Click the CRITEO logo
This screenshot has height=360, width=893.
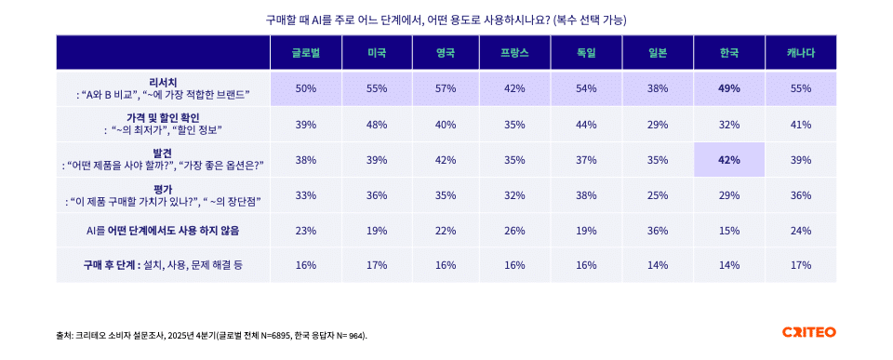[x=808, y=332]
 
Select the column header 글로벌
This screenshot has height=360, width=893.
[x=305, y=53]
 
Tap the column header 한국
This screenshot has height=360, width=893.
[x=729, y=53]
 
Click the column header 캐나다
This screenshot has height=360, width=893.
[x=800, y=53]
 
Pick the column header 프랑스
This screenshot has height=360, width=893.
[x=516, y=53]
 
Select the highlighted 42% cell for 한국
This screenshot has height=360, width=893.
[x=729, y=159]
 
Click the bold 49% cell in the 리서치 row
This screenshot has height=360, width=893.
[x=729, y=88]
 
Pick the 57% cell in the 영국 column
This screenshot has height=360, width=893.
[x=446, y=88]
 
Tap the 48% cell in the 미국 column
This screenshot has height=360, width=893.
[x=376, y=124]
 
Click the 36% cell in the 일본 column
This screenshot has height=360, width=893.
[x=658, y=230]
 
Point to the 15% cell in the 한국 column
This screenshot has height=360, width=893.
[x=729, y=230]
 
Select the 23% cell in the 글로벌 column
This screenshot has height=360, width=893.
[x=305, y=230]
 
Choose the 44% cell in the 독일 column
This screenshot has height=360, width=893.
[x=586, y=124]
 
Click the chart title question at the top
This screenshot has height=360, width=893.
[x=446, y=19]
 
